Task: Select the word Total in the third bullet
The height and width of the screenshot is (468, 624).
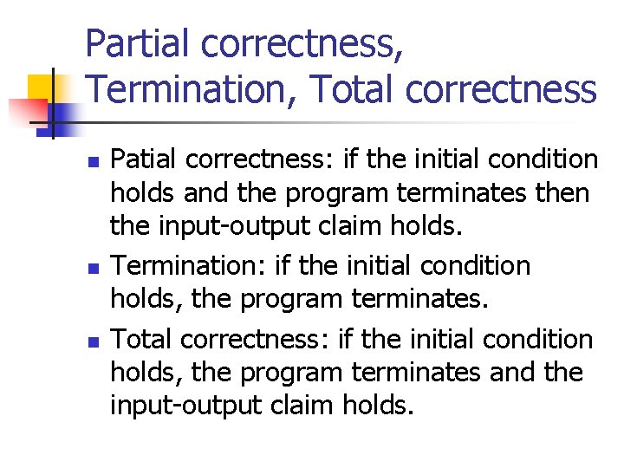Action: (144, 339)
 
